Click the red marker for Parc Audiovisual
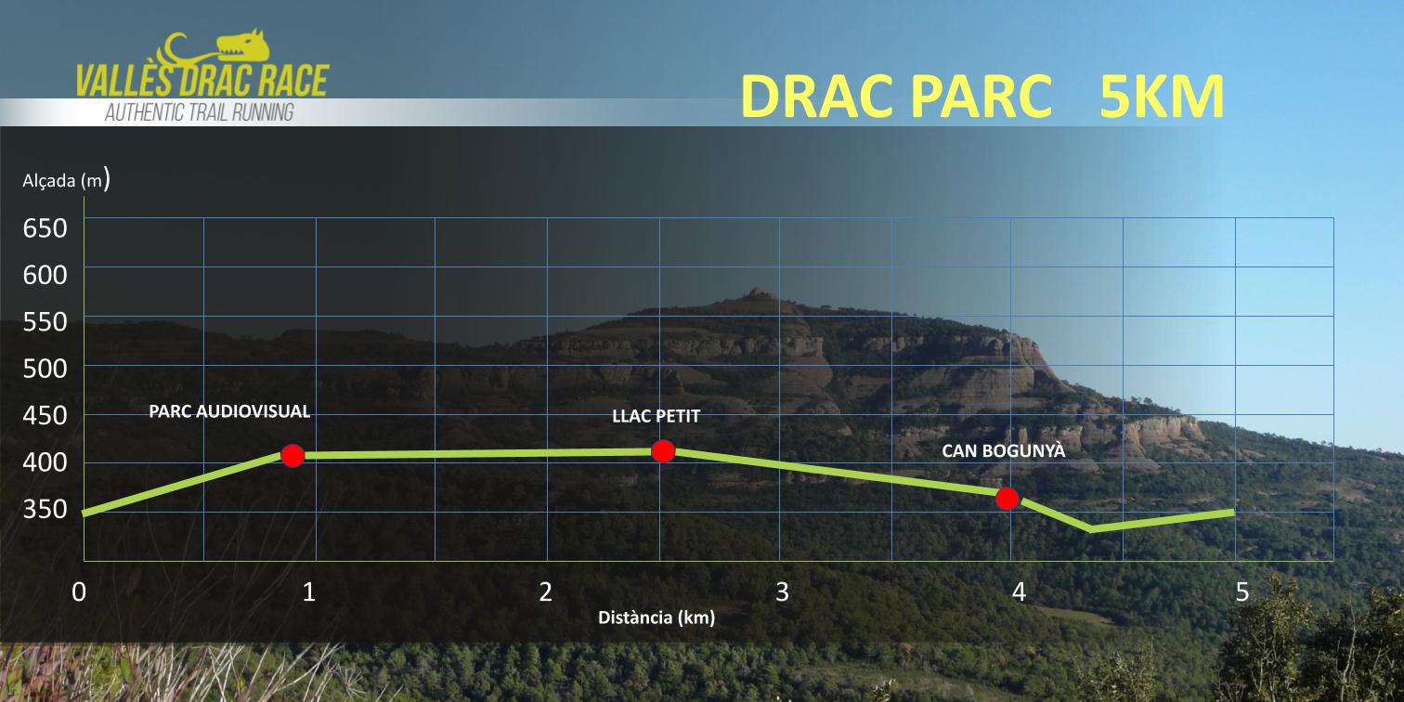pos(292,456)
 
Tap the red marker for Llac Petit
pos(663,450)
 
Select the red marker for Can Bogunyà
pos(1007,499)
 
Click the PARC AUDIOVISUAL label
pos(229,411)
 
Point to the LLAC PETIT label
pos(656,416)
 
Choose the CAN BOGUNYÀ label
pos(1004,450)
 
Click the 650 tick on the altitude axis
pos(45,228)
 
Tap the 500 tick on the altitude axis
pos(45,369)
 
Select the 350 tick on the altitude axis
pos(45,509)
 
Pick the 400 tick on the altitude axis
pos(45,462)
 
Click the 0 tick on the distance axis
pos(79,592)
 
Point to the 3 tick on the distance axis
pos(782,592)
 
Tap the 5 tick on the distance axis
pos(1241,592)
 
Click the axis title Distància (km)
pos(656,618)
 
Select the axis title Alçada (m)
pos(67,180)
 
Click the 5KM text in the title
pos(1162,97)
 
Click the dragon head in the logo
pos(243,46)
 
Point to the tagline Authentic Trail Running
pos(200,113)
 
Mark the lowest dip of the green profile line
pos(1091,529)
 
